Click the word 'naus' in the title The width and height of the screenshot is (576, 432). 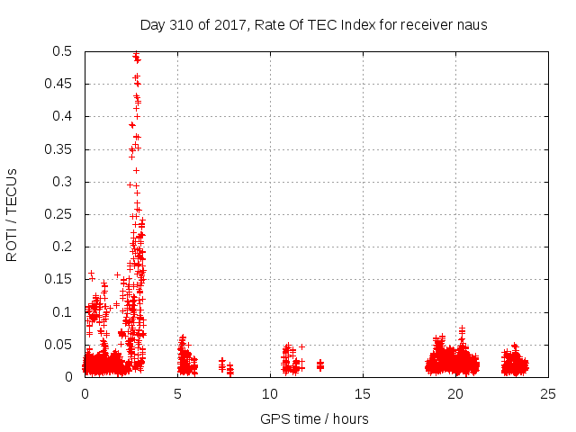coord(471,25)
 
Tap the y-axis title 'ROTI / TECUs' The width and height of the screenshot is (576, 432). coord(12,214)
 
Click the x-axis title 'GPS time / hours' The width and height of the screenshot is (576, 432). coord(314,418)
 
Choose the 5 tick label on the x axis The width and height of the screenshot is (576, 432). coord(177,394)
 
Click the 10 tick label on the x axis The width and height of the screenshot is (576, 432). coord(270,394)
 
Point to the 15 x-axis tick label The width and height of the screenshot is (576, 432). coord(363,394)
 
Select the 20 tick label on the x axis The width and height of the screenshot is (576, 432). coord(455,394)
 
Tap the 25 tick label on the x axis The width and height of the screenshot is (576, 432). coord(548,394)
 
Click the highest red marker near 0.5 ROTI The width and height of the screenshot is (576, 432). coord(136,54)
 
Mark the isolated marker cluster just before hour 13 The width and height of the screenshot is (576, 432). coord(320,364)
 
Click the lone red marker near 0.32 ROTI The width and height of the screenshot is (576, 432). coord(137,169)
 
